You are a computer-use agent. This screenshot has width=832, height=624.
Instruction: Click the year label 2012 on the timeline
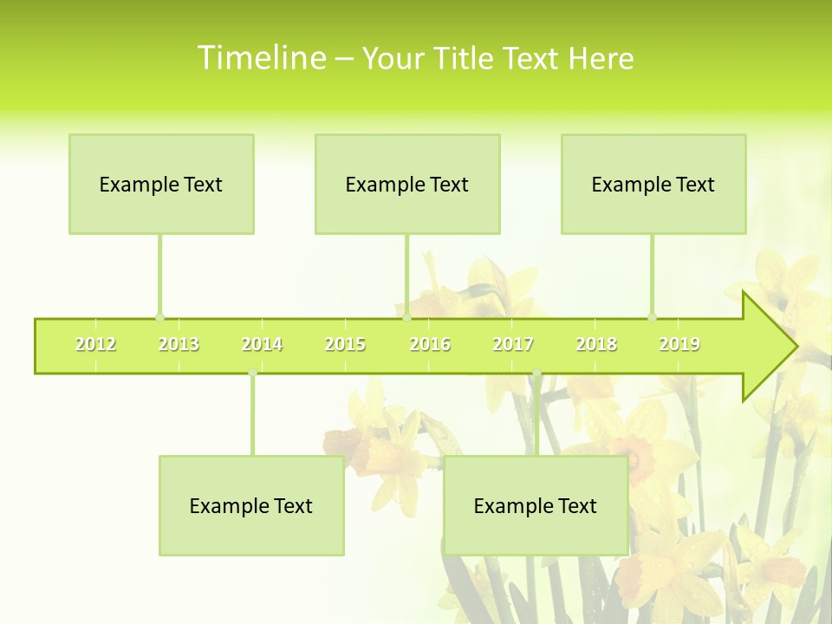click(95, 345)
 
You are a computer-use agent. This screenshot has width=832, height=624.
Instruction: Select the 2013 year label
click(179, 345)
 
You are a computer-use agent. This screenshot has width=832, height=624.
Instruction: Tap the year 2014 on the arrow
click(262, 345)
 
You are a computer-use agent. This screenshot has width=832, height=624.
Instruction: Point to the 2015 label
click(345, 345)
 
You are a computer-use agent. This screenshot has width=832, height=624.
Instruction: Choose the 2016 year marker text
click(430, 345)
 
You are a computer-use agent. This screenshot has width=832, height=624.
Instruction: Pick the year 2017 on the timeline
click(513, 345)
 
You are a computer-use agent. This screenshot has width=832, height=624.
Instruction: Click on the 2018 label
click(596, 345)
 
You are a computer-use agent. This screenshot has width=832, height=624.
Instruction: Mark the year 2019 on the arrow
click(679, 345)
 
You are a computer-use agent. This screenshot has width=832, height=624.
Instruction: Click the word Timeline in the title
click(260, 58)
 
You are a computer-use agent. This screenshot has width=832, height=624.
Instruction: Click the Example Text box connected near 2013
click(161, 184)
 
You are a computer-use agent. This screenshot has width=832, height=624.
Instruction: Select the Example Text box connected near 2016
click(407, 184)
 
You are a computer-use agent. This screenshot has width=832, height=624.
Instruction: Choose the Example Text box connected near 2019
click(653, 184)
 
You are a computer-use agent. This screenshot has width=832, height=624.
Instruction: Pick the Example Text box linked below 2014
click(251, 505)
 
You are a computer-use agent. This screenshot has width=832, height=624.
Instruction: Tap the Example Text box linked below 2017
click(536, 505)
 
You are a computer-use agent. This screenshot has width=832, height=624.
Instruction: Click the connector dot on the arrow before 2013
click(159, 317)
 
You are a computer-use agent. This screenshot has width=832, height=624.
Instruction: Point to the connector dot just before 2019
click(653, 317)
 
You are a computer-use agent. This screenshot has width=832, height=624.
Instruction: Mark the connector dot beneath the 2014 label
click(252, 374)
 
